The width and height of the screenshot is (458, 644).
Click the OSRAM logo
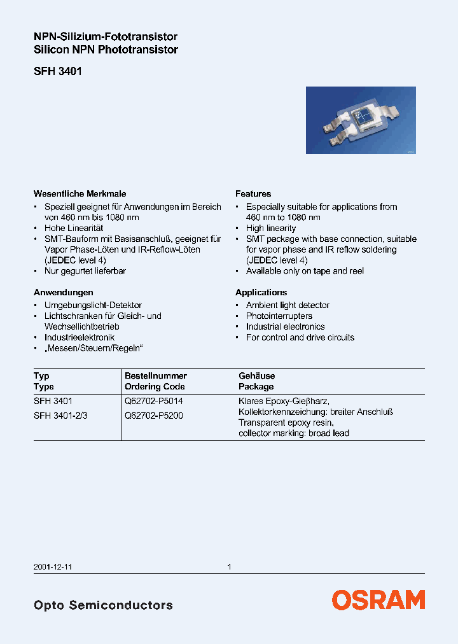pyautogui.click(x=378, y=599)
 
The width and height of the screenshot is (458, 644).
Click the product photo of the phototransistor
pyautogui.click(x=361, y=120)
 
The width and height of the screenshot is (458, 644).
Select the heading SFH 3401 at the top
pyautogui.click(x=57, y=72)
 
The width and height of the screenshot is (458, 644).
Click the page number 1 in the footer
pyautogui.click(x=229, y=566)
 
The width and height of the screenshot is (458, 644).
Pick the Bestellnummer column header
pyautogui.click(x=156, y=375)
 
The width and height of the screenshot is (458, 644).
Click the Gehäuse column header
pyautogui.click(x=256, y=375)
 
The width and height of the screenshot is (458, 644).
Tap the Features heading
pyautogui.click(x=253, y=193)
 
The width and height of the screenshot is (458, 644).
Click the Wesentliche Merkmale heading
pyautogui.click(x=80, y=193)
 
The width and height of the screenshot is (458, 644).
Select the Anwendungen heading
pyautogui.click(x=64, y=292)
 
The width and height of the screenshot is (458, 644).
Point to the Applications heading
pyautogui.click(x=261, y=292)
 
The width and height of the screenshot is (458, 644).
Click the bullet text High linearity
pyautogui.click(x=271, y=228)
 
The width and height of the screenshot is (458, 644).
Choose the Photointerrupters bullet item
pyautogui.click(x=279, y=316)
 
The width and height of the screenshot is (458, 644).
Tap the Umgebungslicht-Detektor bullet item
pyautogui.click(x=93, y=305)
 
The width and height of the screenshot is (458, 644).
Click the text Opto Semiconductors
pyautogui.click(x=103, y=605)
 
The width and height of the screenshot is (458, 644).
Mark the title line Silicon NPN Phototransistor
pyautogui.click(x=106, y=50)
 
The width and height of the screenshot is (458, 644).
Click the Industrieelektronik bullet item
pyautogui.click(x=79, y=337)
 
